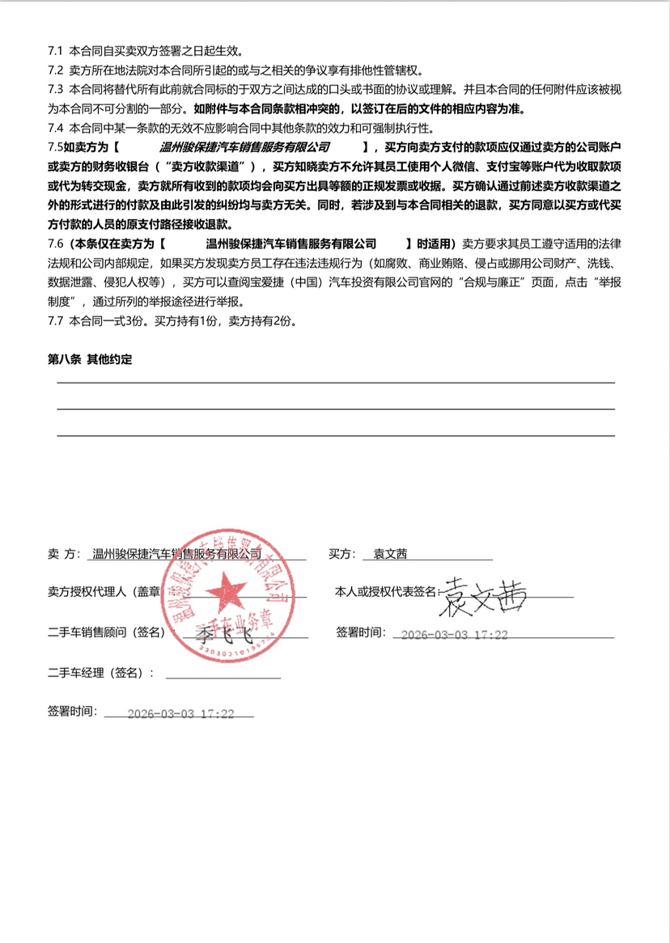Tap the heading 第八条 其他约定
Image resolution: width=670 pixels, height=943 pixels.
(x=90, y=360)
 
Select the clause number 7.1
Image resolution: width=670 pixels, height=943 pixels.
(x=56, y=50)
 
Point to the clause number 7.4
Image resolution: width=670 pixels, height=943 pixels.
(x=56, y=128)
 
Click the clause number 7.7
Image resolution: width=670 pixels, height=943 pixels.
(x=56, y=321)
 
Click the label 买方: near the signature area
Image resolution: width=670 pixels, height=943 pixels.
(x=341, y=554)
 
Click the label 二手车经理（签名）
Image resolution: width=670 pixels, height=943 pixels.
(x=100, y=672)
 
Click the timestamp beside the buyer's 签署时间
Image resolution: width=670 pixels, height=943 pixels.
(x=454, y=635)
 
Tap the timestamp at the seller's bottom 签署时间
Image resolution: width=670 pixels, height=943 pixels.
(x=181, y=714)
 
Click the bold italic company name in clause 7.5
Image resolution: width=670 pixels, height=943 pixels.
(x=245, y=147)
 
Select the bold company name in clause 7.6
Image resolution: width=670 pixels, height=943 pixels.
(x=292, y=243)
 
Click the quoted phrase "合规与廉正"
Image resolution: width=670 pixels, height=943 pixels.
(x=496, y=282)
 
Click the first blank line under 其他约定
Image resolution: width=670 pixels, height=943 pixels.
(x=335, y=382)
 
